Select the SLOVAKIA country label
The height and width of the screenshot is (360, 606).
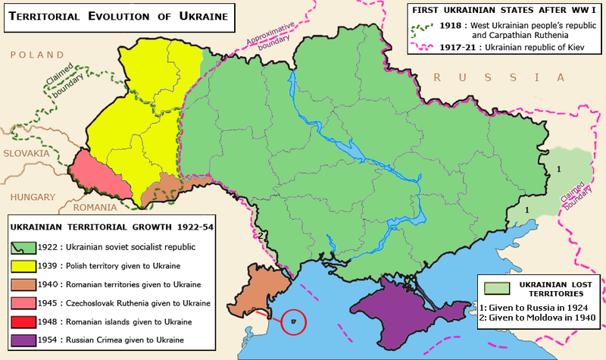[x=26, y=153]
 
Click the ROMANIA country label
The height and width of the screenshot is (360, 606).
[x=96, y=207]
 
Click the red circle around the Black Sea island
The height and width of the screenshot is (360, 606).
[x=292, y=321]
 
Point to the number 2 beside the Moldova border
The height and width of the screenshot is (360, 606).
[x=260, y=235]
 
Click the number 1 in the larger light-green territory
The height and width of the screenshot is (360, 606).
[x=559, y=168]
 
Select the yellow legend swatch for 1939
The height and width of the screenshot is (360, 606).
[x=23, y=266]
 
